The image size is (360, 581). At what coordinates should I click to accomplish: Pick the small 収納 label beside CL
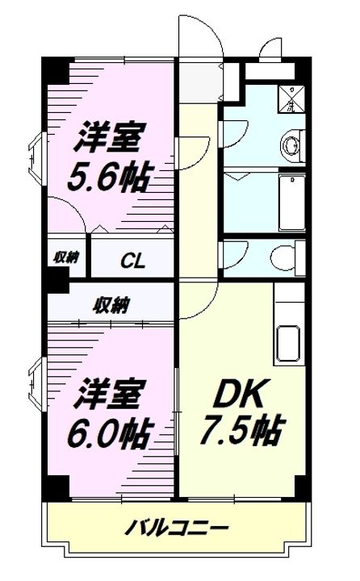(66, 257)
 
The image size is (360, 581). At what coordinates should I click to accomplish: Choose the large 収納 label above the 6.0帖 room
(111, 305)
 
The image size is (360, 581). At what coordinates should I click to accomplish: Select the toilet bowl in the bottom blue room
(283, 258)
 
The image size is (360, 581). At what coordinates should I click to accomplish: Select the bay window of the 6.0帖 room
(36, 387)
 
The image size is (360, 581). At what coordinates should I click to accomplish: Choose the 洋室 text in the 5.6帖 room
(111, 137)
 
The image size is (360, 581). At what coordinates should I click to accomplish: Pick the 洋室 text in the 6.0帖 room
(111, 396)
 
